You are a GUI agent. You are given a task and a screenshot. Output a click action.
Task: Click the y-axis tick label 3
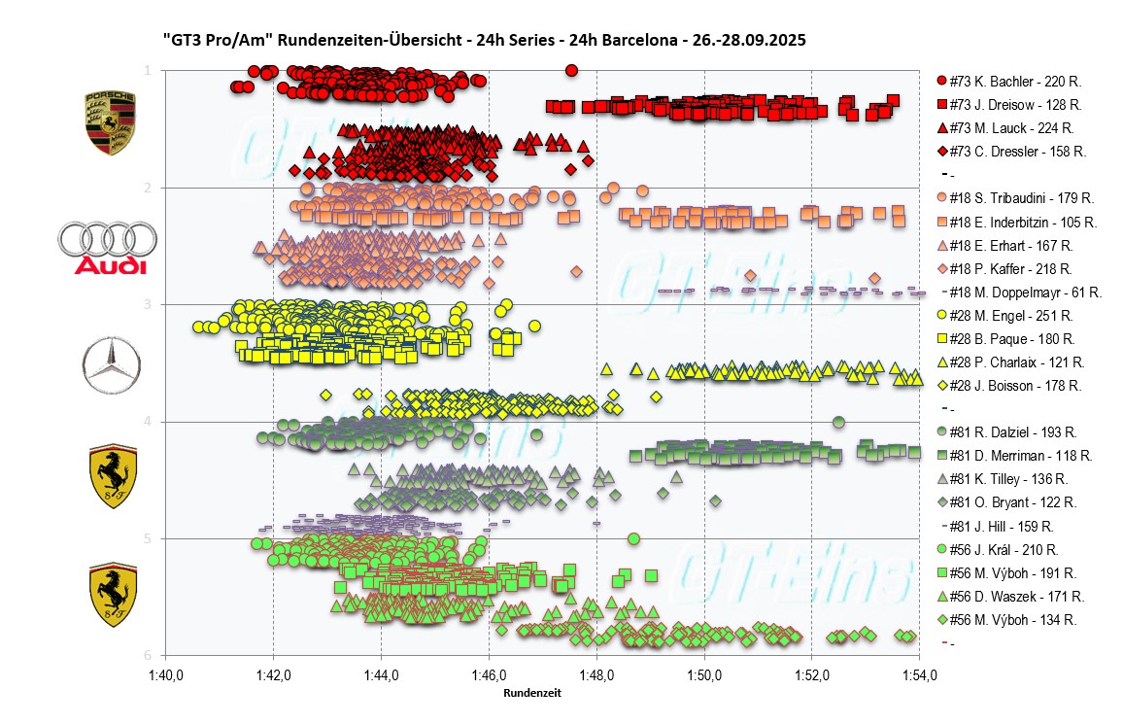(147, 304)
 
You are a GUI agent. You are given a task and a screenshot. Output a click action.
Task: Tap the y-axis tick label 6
(147, 655)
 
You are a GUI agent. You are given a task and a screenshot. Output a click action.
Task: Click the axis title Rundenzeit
(531, 694)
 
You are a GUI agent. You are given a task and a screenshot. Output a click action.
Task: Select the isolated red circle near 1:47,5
(571, 70)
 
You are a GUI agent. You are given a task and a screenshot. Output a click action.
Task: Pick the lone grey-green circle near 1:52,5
(838, 422)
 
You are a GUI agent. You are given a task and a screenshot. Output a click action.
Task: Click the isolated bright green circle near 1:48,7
(633, 538)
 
